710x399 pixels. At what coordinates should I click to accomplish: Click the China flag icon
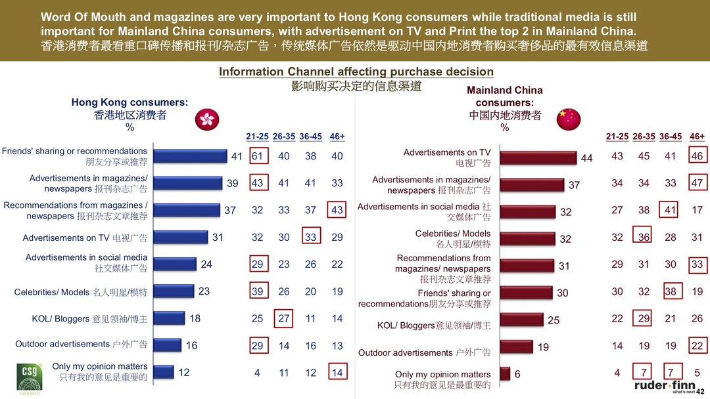569,119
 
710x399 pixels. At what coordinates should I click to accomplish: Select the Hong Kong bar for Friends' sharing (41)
190,156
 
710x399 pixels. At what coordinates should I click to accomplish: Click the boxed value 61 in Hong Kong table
257,156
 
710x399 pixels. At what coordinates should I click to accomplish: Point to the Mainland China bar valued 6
505,373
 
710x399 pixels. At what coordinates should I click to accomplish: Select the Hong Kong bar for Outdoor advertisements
167,345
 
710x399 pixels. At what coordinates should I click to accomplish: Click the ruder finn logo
665,386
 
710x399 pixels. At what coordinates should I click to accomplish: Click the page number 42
700,391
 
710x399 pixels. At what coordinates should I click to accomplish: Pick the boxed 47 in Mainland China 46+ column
697,183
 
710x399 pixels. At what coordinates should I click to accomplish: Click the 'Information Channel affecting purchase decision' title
356,72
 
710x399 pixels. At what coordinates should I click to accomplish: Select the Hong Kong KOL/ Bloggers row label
89,319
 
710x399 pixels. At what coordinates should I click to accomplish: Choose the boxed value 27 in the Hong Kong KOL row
283,318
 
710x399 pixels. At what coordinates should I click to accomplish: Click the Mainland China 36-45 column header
670,136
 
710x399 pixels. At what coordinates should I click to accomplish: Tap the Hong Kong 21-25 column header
257,136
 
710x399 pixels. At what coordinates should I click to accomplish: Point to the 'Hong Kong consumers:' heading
130,102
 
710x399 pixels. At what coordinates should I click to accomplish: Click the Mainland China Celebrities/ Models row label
453,239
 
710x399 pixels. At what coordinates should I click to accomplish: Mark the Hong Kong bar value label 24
206,264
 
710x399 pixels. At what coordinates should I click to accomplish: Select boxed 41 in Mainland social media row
670,210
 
